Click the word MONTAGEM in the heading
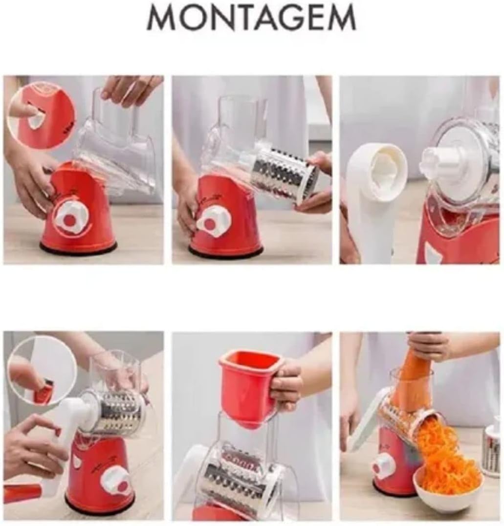click(x=252, y=18)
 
